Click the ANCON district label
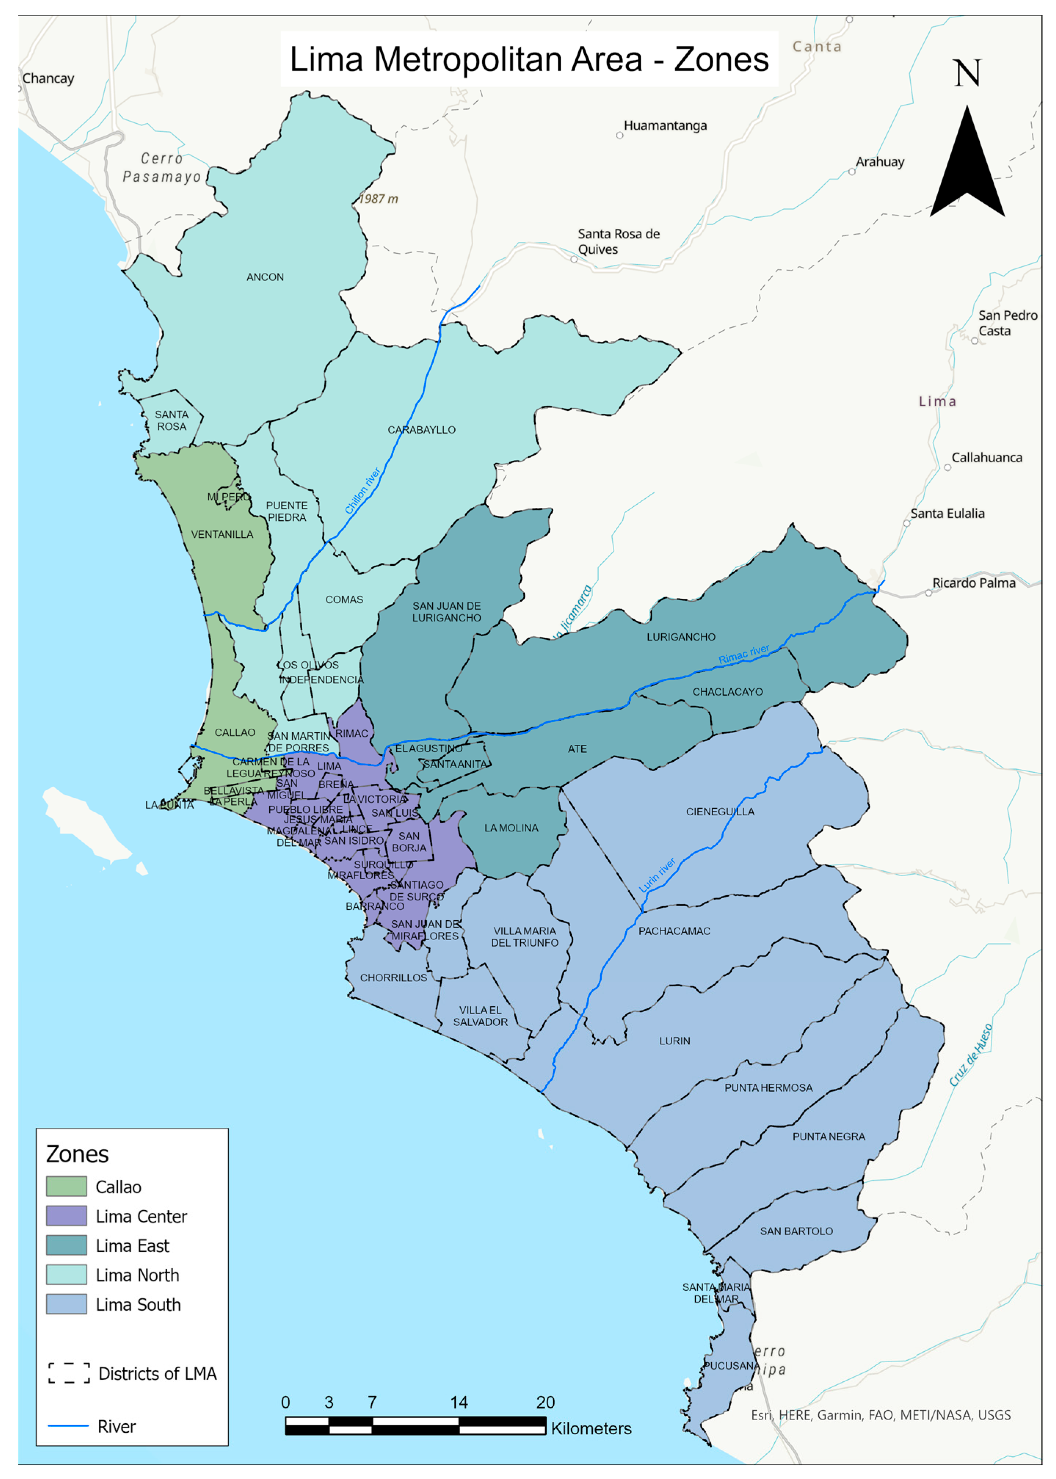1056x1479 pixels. (x=265, y=277)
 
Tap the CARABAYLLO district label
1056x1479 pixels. (x=421, y=430)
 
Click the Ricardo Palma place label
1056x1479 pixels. (x=973, y=583)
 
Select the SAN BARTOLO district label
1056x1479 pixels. (x=796, y=1231)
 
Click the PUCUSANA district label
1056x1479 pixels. (x=730, y=1366)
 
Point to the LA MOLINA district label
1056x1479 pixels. (x=511, y=828)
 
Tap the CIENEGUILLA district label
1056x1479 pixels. (x=720, y=812)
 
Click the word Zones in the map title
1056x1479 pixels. (x=721, y=60)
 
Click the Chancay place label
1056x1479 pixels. (x=48, y=78)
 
